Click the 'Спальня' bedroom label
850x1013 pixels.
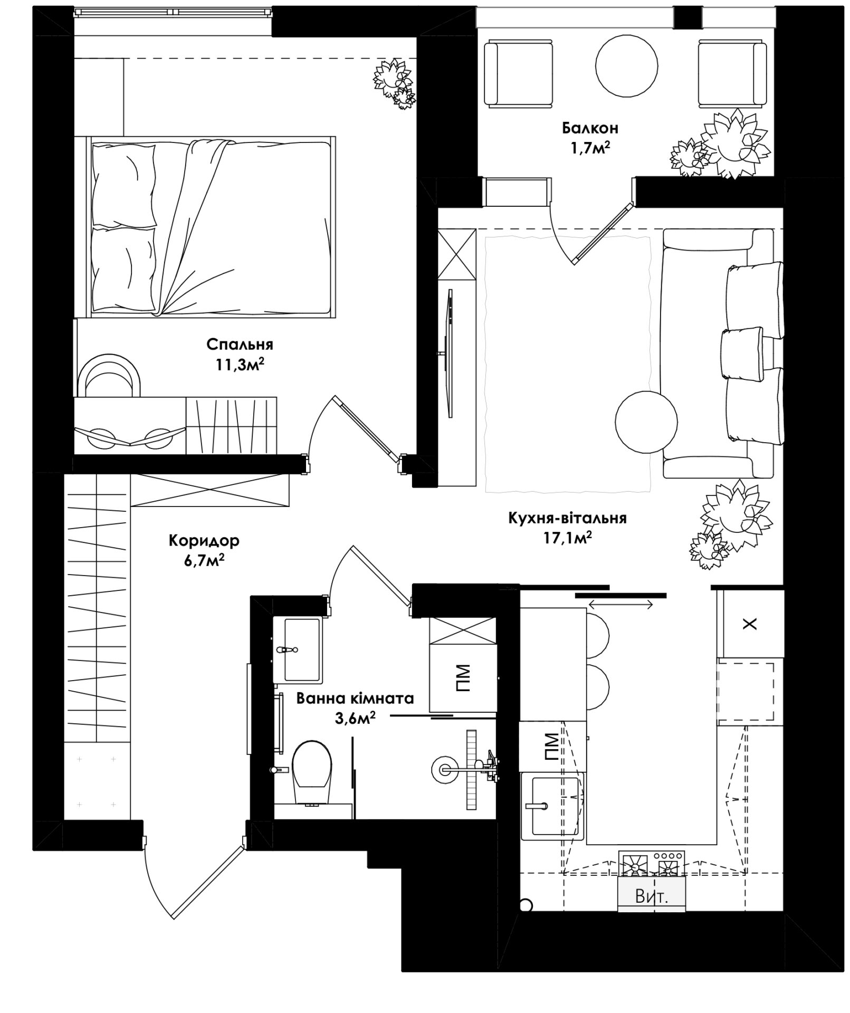[240, 345]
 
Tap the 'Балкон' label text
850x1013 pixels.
[590, 128]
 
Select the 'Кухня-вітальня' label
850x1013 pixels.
[568, 518]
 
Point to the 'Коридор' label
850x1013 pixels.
[204, 540]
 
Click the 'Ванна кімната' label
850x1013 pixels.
[355, 699]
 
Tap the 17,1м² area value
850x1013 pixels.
[568, 538]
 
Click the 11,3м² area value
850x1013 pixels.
[240, 364]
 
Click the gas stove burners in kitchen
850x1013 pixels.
[652, 864]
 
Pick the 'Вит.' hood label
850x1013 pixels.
[652, 896]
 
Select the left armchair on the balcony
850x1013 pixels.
[519, 75]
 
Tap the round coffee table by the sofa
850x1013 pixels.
[646, 421]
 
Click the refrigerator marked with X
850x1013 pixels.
[750, 623]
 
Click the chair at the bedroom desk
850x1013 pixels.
[109, 376]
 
